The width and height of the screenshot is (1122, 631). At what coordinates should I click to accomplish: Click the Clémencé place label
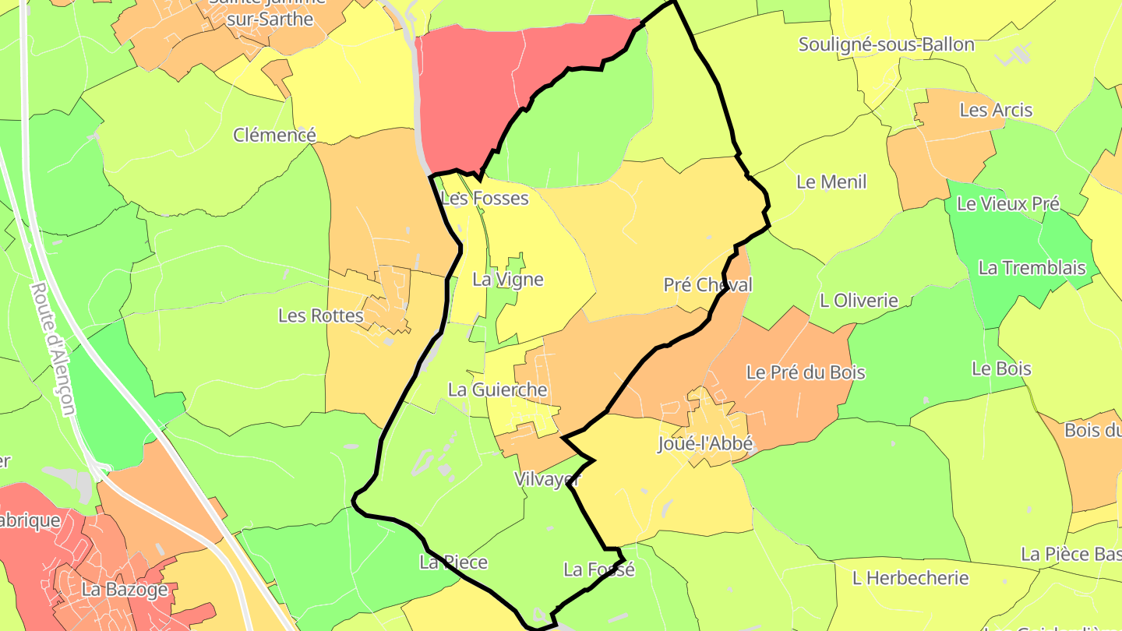tap(274, 136)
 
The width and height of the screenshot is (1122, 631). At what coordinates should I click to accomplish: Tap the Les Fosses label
tap(485, 198)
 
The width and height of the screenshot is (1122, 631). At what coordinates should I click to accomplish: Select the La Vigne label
tap(508, 280)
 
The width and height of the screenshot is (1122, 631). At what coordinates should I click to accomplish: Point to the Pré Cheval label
tap(707, 285)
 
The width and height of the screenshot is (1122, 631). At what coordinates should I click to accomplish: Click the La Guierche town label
tap(497, 390)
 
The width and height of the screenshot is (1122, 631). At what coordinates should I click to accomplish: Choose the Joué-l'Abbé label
tap(705, 444)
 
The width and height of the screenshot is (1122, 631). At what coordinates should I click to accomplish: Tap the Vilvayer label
tap(548, 480)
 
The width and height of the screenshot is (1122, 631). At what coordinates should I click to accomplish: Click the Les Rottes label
tap(321, 315)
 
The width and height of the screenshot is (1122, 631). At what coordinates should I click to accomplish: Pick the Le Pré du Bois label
tap(806, 372)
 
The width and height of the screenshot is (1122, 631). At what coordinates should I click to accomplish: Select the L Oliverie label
tap(859, 301)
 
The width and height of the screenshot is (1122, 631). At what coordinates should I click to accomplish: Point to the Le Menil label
tap(831, 182)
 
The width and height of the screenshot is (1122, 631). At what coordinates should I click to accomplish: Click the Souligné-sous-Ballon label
tap(886, 44)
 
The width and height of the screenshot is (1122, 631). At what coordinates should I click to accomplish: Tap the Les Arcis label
tap(996, 110)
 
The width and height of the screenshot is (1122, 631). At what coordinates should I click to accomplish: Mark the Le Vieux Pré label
tap(1007, 204)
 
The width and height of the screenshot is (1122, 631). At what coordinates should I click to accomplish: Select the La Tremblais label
tap(1032, 268)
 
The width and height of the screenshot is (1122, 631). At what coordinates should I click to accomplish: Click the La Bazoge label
tap(125, 589)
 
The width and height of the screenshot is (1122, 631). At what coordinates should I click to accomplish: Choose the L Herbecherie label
tap(910, 578)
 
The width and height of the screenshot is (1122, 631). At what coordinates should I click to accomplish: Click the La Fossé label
tap(598, 569)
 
